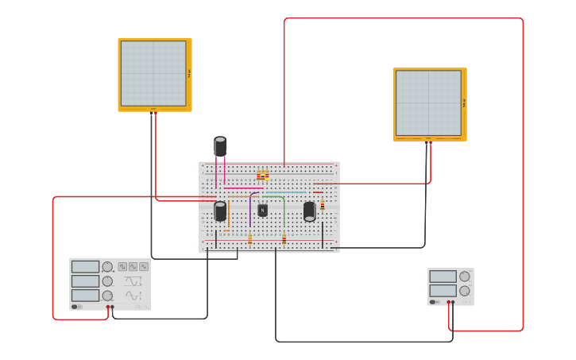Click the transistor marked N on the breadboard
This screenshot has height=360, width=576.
pyautogui.click(x=262, y=211)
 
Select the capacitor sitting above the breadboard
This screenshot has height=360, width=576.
pyautogui.click(x=220, y=147)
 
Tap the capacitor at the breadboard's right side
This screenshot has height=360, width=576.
pyautogui.click(x=309, y=211)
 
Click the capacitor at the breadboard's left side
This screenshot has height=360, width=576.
pyautogui.click(x=220, y=211)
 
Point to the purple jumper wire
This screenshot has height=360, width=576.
pyautogui.click(x=251, y=208)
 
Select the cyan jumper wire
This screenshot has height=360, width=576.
pyautogui.click(x=285, y=192)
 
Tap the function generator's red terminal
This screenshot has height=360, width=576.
pyautogui.click(x=108, y=307)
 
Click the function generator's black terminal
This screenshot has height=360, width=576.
pyautogui.click(x=112, y=307)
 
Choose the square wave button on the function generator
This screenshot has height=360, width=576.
pyautogui.click(x=122, y=267)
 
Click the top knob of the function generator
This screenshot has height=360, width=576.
pyautogui.click(x=107, y=267)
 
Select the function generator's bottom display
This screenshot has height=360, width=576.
pyautogui.click(x=85, y=295)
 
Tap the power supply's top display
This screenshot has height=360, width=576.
pyautogui.click(x=443, y=277)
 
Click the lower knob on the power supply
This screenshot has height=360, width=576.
pyautogui.click(x=465, y=291)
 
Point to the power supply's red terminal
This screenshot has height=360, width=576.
pyautogui.click(x=449, y=302)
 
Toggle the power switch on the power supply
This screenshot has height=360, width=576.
pyautogui.click(x=434, y=302)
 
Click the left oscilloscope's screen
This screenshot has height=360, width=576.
pyautogui.click(x=153, y=73)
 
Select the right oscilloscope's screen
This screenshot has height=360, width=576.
pyautogui.click(x=428, y=103)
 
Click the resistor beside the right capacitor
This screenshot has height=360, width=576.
pyautogui.click(x=322, y=205)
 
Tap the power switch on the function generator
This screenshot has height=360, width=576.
pyautogui.click(x=75, y=307)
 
